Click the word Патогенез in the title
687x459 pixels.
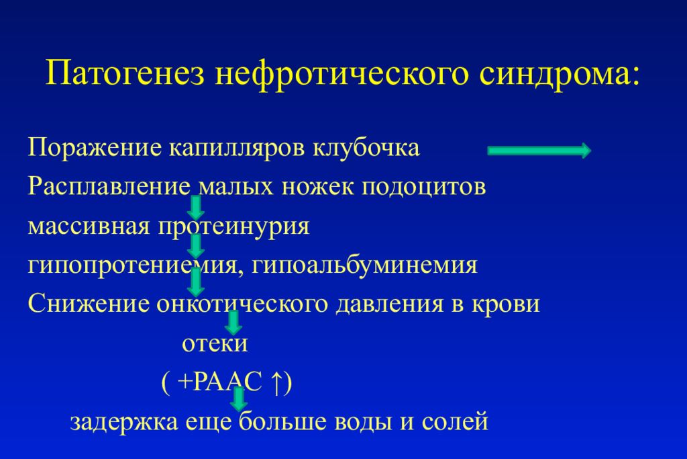point(125,73)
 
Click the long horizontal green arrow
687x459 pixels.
point(539,151)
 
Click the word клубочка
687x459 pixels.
point(366,147)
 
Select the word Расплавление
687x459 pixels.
point(109,187)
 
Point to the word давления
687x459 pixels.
point(390,304)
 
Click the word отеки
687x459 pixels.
point(215,343)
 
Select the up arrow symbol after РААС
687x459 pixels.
point(276,383)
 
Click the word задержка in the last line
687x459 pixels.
point(124,422)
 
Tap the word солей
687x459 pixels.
point(455,421)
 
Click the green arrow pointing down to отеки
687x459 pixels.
point(233,323)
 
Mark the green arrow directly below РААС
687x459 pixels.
point(238,399)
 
